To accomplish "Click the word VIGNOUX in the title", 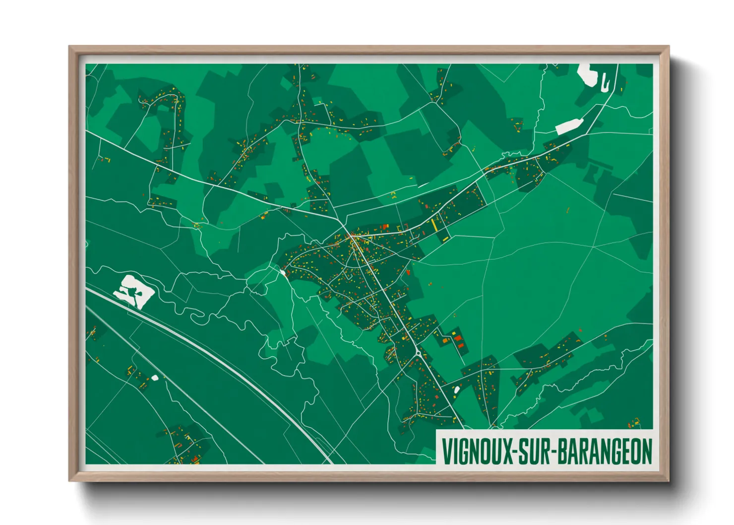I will (x=477, y=451).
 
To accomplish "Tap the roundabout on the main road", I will (x=419, y=353).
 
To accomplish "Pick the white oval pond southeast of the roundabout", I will (x=457, y=390).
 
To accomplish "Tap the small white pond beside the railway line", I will (x=155, y=378).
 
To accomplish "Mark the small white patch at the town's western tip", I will (x=283, y=272).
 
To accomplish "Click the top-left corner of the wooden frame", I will (x=70, y=47).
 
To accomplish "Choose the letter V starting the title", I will (x=446, y=451).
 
